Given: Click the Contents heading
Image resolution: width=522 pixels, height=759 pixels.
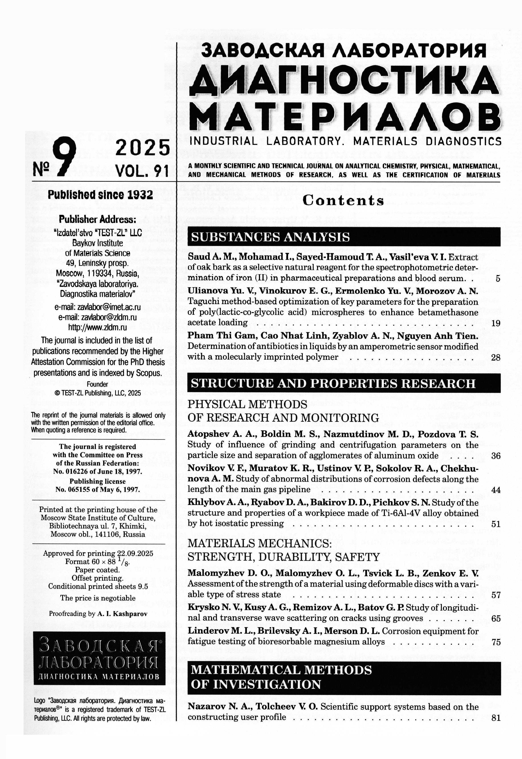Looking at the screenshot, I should [343, 201].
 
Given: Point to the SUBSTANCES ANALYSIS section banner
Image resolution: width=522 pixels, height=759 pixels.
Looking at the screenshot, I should [344, 237].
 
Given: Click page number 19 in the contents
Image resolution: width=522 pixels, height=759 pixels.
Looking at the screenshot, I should [495, 323].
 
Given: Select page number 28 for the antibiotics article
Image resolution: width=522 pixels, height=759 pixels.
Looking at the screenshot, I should [495, 358].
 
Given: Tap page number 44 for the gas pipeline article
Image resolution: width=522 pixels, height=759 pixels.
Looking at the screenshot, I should [495, 490].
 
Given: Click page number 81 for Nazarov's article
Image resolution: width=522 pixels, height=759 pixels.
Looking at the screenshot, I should [495, 718].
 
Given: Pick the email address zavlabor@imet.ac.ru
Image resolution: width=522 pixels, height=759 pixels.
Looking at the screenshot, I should [97, 307].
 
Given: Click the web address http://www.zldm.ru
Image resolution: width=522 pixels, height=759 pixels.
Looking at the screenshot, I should [97, 327].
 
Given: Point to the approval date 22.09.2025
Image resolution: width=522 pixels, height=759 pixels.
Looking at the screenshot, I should [135, 553].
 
